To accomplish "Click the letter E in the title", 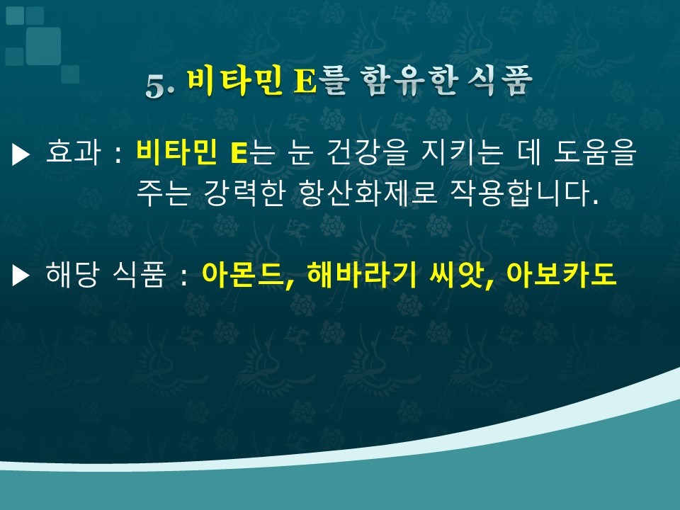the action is pyautogui.click(x=305, y=81).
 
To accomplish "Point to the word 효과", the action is pyautogui.click(x=73, y=152).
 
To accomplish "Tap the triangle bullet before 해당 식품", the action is pyautogui.click(x=21, y=276).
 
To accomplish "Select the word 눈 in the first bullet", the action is pyautogui.click(x=300, y=152).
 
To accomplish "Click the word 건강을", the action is pyautogui.click(x=368, y=152).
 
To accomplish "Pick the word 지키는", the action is pyautogui.click(x=463, y=152).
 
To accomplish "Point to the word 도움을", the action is pyautogui.click(x=595, y=152).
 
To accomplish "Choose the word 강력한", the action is pyautogui.click(x=244, y=193).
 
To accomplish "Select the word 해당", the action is pyautogui.click(x=72, y=274).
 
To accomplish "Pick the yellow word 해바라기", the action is pyautogui.click(x=361, y=274).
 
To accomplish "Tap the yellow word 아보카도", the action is pyautogui.click(x=561, y=274).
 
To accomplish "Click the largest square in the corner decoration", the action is pyautogui.click(x=43, y=46).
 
